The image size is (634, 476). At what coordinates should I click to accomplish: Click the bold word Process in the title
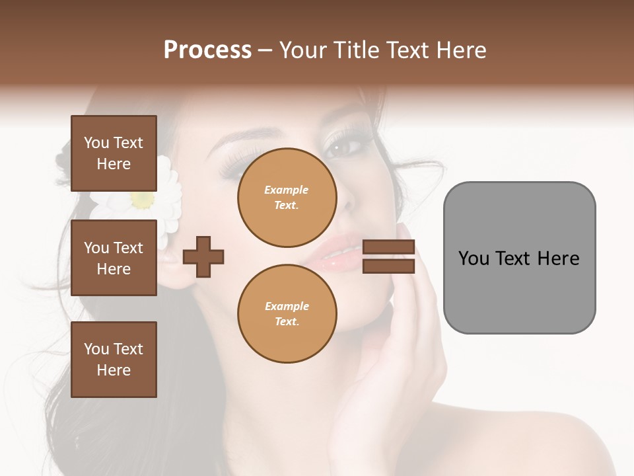click(x=207, y=50)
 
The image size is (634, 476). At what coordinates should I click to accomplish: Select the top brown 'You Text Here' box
click(x=114, y=153)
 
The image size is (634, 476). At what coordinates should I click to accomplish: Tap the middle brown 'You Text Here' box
click(x=114, y=258)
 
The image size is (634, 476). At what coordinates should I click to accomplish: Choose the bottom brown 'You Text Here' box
click(x=114, y=359)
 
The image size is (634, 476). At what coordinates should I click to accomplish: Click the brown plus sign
click(x=203, y=257)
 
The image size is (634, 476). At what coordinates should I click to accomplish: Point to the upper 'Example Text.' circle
click(x=287, y=198)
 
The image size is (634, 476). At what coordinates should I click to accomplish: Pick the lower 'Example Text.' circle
click(x=287, y=314)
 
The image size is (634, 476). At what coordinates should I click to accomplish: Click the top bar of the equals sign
click(x=389, y=247)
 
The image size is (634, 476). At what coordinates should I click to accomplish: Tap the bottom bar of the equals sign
click(x=389, y=266)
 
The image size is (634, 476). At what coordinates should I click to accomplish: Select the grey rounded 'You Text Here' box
click(x=519, y=258)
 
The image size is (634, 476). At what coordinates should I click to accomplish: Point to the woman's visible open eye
click(x=341, y=147)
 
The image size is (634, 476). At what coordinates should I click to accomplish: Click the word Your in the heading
click(x=302, y=50)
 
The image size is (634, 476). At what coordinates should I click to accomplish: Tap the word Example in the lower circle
click(x=287, y=306)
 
